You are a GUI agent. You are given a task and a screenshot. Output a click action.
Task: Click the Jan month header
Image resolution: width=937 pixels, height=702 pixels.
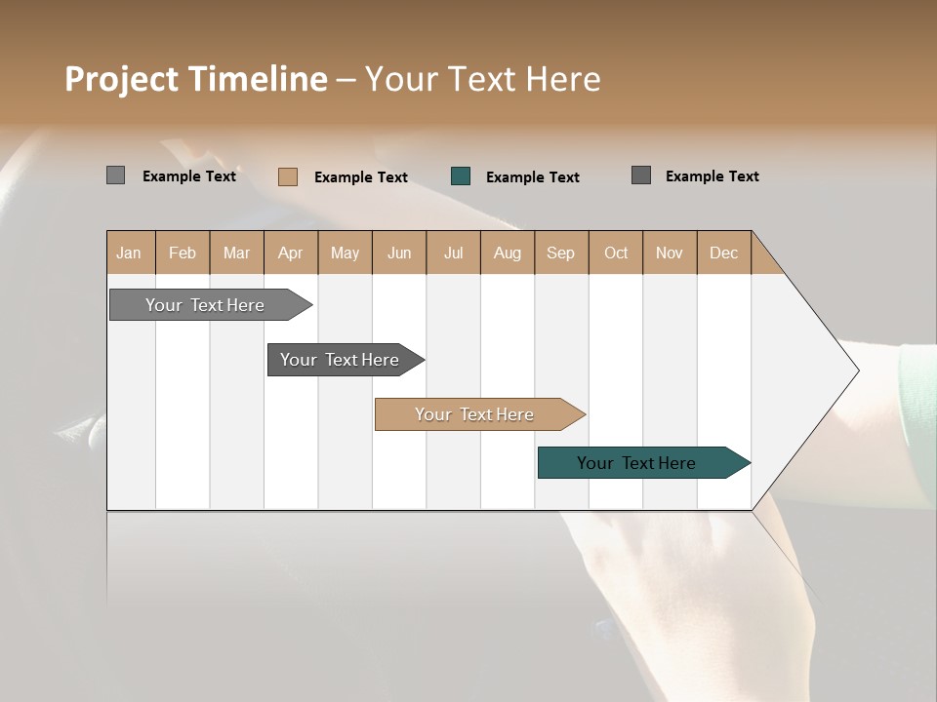[x=130, y=253]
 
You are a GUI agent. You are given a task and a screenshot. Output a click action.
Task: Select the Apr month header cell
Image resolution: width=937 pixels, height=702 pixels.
[x=291, y=253]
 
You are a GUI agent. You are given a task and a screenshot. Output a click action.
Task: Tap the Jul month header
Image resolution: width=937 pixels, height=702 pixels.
[x=453, y=253]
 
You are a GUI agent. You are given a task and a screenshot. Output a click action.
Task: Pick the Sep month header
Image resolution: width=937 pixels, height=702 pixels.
[x=561, y=253]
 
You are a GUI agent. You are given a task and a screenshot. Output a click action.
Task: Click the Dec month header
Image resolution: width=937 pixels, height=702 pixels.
[x=723, y=253]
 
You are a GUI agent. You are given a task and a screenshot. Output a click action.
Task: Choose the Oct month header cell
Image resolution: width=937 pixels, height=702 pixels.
[x=615, y=253]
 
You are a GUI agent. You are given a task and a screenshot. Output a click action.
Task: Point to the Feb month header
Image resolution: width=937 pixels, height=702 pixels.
[x=183, y=253]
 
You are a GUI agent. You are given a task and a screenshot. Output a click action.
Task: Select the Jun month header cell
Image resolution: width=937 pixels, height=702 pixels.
[x=398, y=253]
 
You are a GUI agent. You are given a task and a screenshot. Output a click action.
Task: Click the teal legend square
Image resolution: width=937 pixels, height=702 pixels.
[x=461, y=176]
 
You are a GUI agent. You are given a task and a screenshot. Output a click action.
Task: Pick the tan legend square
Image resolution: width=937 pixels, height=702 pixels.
[x=288, y=176]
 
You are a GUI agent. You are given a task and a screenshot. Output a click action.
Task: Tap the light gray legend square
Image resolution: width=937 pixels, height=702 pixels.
[x=115, y=175]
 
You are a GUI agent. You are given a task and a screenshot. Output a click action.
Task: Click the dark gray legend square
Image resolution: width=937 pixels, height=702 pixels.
[x=641, y=175]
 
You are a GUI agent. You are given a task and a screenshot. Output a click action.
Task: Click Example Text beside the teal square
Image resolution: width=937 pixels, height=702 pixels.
[x=532, y=177]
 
